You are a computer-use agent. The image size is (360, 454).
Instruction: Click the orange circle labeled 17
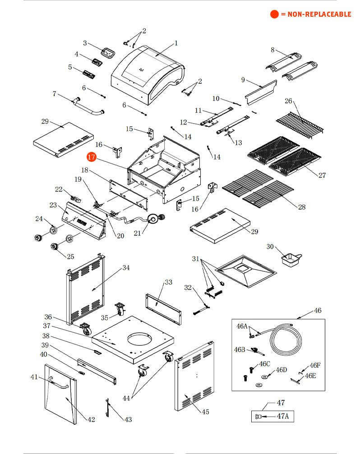92,157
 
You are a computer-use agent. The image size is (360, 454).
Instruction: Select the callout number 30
270,247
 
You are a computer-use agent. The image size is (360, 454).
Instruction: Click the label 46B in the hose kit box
240,349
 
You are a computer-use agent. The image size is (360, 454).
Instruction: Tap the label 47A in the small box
282,416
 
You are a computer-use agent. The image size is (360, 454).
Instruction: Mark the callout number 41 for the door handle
35,377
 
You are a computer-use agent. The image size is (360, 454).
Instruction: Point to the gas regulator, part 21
155,220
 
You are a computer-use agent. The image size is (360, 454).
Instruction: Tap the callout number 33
168,282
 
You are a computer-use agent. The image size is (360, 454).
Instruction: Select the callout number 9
243,80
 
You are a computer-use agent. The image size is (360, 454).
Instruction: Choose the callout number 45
206,412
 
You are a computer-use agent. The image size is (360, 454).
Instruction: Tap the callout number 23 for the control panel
53,205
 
